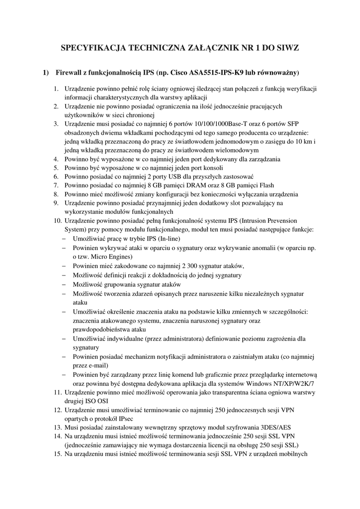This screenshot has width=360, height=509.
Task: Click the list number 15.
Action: point(56,454)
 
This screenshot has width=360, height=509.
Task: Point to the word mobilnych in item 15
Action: point(293,454)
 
